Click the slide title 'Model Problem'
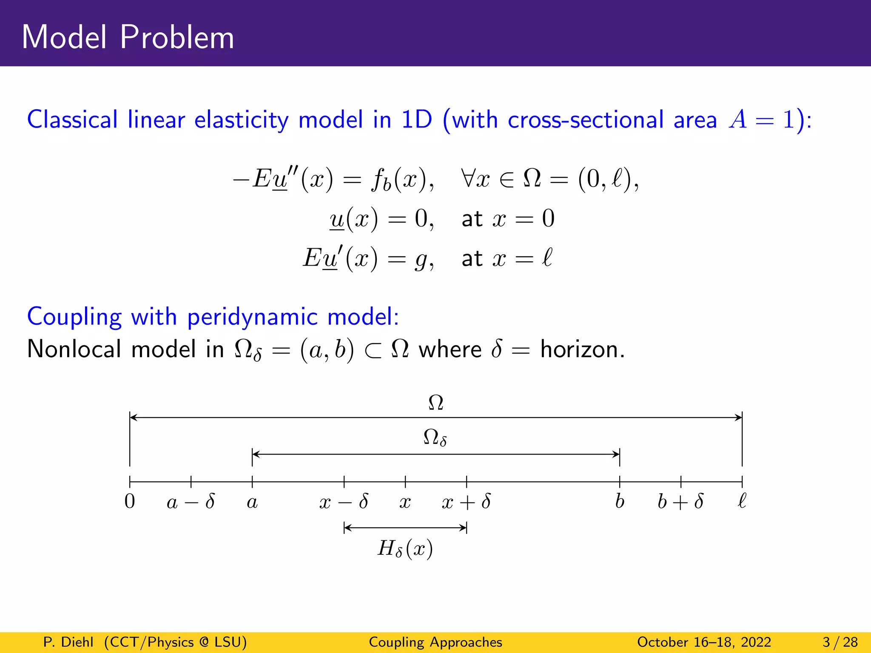(x=128, y=37)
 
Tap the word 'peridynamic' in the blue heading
(x=252, y=317)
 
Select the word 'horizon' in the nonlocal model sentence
(x=581, y=349)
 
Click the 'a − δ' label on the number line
(x=191, y=502)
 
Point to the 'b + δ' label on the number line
(x=680, y=502)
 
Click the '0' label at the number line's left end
(x=130, y=502)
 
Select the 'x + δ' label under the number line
(x=467, y=502)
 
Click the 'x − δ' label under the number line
(x=344, y=502)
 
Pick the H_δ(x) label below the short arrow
(x=405, y=548)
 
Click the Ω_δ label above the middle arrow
(x=435, y=437)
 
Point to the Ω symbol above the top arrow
(x=436, y=403)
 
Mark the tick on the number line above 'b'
(x=620, y=482)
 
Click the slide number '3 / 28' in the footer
(x=840, y=642)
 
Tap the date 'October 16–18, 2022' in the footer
(x=704, y=642)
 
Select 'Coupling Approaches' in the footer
(x=435, y=642)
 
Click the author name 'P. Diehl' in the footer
(x=68, y=642)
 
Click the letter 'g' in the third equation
(x=421, y=259)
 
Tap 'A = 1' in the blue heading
(x=761, y=119)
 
